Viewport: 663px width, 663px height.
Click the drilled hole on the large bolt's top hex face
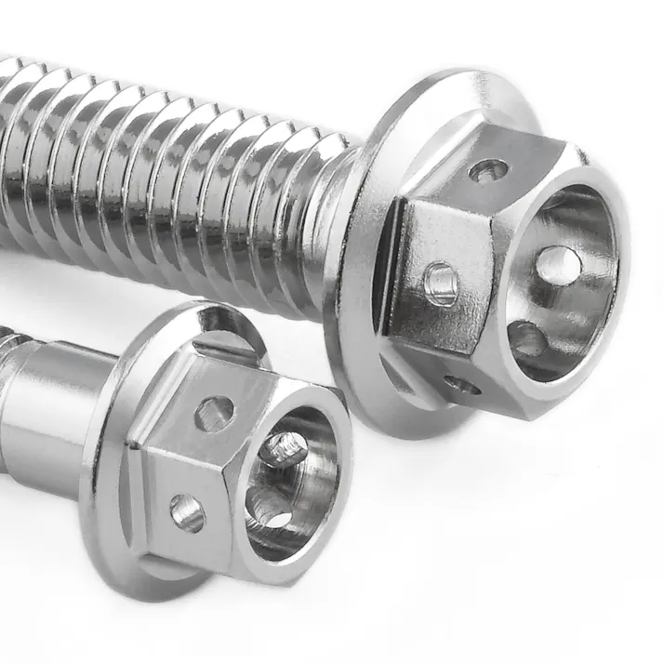[490, 170]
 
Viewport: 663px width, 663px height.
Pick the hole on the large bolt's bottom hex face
[462, 383]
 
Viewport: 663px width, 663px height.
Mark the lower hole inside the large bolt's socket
[527, 340]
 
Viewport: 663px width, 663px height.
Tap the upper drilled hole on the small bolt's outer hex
[215, 412]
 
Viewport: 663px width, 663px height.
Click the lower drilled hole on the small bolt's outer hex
[187, 512]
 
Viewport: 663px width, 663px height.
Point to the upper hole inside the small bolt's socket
[283, 450]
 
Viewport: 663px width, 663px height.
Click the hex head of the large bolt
[437, 242]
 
